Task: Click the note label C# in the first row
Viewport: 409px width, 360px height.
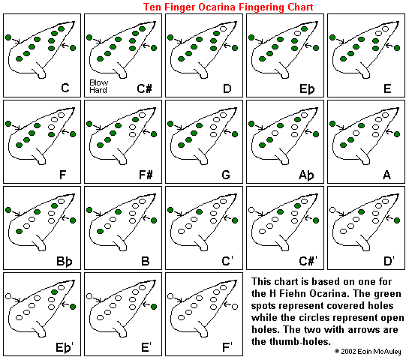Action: tap(144, 88)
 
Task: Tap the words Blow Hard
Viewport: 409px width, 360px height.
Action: tap(98, 86)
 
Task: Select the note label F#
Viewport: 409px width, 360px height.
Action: tap(146, 175)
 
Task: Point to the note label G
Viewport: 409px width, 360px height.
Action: tap(226, 175)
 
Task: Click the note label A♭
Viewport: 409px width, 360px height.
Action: tap(306, 175)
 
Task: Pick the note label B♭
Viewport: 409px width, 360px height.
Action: tap(65, 261)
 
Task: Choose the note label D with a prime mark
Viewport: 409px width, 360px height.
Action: tap(389, 261)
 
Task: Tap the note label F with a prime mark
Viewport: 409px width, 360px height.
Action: tap(227, 347)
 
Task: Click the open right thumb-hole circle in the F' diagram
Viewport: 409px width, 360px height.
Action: tap(235, 307)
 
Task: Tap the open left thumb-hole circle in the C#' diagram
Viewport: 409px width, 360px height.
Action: tap(251, 210)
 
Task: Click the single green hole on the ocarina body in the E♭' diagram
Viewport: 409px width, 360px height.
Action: tap(54, 292)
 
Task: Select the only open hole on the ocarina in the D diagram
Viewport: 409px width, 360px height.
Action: tap(224, 28)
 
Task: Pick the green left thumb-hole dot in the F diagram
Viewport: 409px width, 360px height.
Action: tap(8, 124)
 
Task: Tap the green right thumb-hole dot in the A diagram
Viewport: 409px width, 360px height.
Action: tap(397, 134)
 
